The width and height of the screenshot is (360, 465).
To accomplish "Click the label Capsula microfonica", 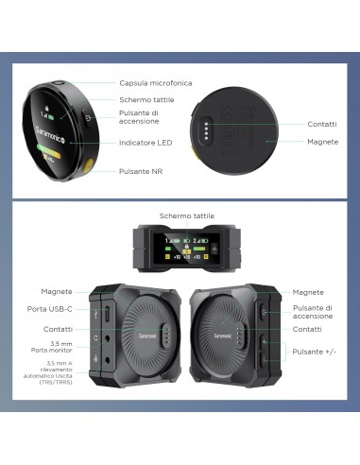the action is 155,82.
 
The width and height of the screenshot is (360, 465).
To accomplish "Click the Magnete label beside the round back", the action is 323,142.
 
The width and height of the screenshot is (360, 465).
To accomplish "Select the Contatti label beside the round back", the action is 323,122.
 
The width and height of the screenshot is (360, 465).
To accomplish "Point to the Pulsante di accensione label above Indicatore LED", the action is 139,117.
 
